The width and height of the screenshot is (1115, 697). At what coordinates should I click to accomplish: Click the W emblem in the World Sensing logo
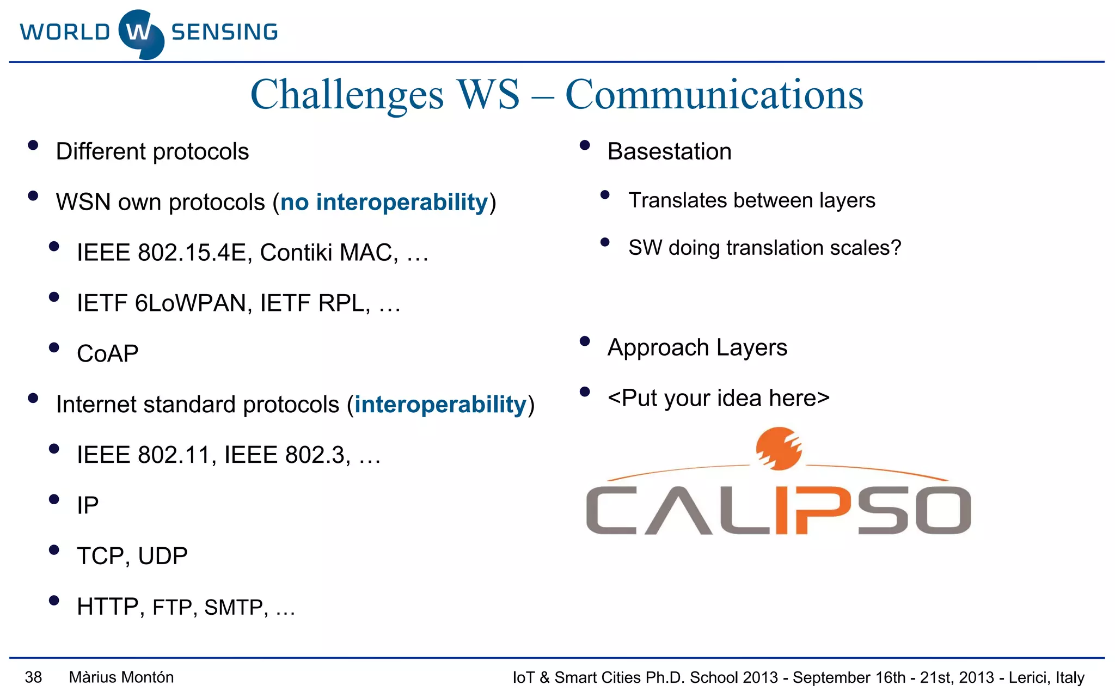(140, 34)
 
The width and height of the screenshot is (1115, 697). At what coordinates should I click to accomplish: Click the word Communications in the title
(714, 95)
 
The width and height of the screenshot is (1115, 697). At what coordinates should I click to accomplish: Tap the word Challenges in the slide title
(347, 95)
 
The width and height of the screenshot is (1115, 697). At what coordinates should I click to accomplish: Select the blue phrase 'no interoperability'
(384, 203)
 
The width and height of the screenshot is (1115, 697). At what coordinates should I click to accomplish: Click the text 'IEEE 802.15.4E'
(162, 253)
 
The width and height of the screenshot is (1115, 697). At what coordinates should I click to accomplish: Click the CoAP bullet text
(108, 354)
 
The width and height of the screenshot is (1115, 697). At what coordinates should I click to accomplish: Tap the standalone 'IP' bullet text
(88, 505)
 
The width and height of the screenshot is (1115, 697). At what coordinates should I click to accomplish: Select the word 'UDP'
(163, 556)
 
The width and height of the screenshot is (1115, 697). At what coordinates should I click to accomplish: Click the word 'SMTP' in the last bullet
(234, 607)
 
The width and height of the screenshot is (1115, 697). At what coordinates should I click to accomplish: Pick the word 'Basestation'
(669, 151)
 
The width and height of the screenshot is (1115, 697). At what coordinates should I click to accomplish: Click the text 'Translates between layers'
(751, 200)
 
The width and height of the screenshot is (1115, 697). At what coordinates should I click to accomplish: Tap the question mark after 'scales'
(896, 248)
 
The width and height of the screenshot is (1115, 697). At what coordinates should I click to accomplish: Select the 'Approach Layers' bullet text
(697, 347)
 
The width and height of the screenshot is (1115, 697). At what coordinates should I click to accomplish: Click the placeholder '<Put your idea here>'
(718, 398)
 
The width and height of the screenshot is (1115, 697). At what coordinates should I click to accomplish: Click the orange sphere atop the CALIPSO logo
(779, 448)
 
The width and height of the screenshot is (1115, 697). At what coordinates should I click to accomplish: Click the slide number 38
(33, 677)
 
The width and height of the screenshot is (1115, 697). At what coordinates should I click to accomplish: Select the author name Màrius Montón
(121, 677)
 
